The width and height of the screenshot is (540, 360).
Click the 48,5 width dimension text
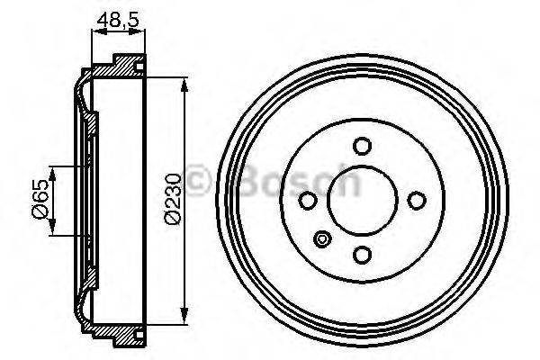click(118, 17)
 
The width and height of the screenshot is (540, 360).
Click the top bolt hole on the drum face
click(363, 146)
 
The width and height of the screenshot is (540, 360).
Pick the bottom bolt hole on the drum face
click(363, 254)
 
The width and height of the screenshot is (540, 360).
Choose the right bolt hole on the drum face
click(417, 200)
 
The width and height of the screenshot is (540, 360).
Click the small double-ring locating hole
click(324, 239)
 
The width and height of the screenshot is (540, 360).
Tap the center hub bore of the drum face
click(363, 200)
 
